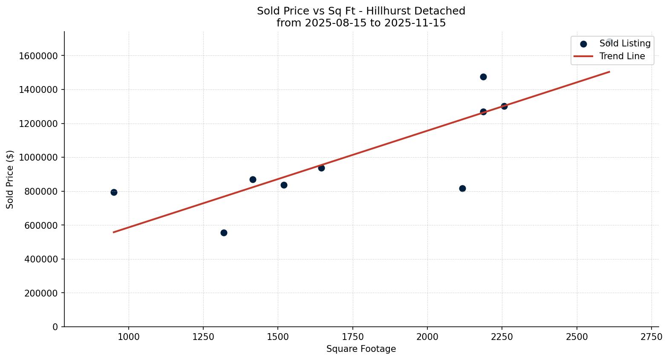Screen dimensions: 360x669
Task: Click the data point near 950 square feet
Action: click(114, 192)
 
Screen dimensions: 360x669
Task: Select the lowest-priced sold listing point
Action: click(224, 233)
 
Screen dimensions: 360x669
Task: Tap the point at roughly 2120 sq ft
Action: click(462, 188)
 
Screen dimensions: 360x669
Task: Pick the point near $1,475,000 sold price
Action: click(483, 77)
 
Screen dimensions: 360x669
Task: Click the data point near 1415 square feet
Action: click(253, 179)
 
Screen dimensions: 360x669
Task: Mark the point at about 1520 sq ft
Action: click(284, 185)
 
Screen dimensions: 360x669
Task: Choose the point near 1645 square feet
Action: click(321, 168)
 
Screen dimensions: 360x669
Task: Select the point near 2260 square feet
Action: click(504, 106)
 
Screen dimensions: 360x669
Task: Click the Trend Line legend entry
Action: click(622, 56)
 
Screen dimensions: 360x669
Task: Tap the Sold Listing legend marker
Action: click(583, 44)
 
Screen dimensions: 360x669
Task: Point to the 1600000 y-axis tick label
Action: click(38, 56)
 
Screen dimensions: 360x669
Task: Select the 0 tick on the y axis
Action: click(55, 327)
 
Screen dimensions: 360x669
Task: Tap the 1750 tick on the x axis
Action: click(352, 337)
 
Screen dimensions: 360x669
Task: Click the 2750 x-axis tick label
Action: click(651, 337)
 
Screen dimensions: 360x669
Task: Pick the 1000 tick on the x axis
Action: click(129, 337)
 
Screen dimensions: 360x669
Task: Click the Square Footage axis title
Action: click(361, 349)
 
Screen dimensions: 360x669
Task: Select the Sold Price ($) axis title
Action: click(10, 179)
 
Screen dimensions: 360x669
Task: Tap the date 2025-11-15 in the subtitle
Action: click(415, 23)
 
